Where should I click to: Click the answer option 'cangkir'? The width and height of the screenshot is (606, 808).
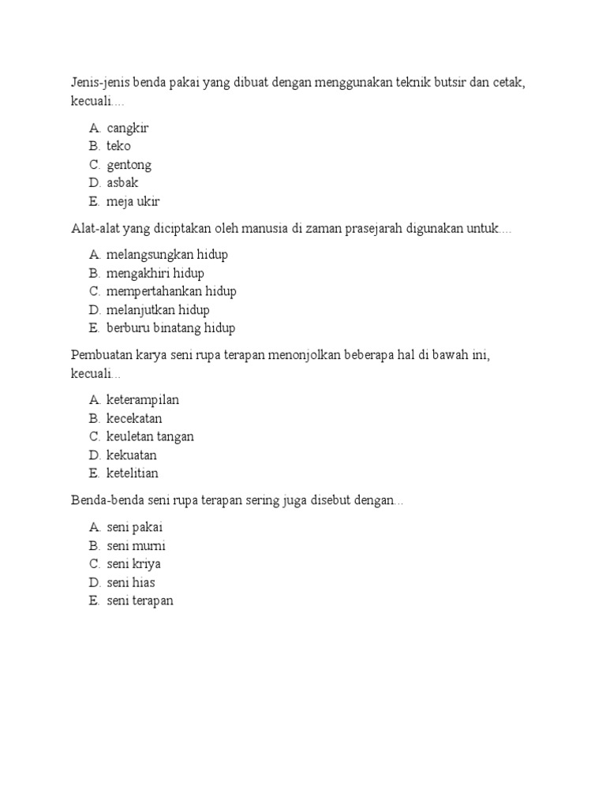coord(128,128)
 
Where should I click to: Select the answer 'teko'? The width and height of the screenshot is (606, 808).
coord(118,146)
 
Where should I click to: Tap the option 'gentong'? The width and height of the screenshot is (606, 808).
coord(129,165)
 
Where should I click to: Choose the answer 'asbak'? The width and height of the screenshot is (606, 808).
coord(122,183)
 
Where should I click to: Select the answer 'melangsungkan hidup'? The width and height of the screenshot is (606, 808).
coord(167,255)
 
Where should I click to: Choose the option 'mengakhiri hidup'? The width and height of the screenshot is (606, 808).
coord(155,273)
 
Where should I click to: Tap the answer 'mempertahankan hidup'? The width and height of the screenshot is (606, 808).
coord(171,291)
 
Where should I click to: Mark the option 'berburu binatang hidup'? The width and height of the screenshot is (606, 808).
coord(170,327)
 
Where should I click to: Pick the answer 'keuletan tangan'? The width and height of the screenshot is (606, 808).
coord(150,436)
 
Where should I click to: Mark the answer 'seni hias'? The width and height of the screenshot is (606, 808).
coord(131,582)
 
